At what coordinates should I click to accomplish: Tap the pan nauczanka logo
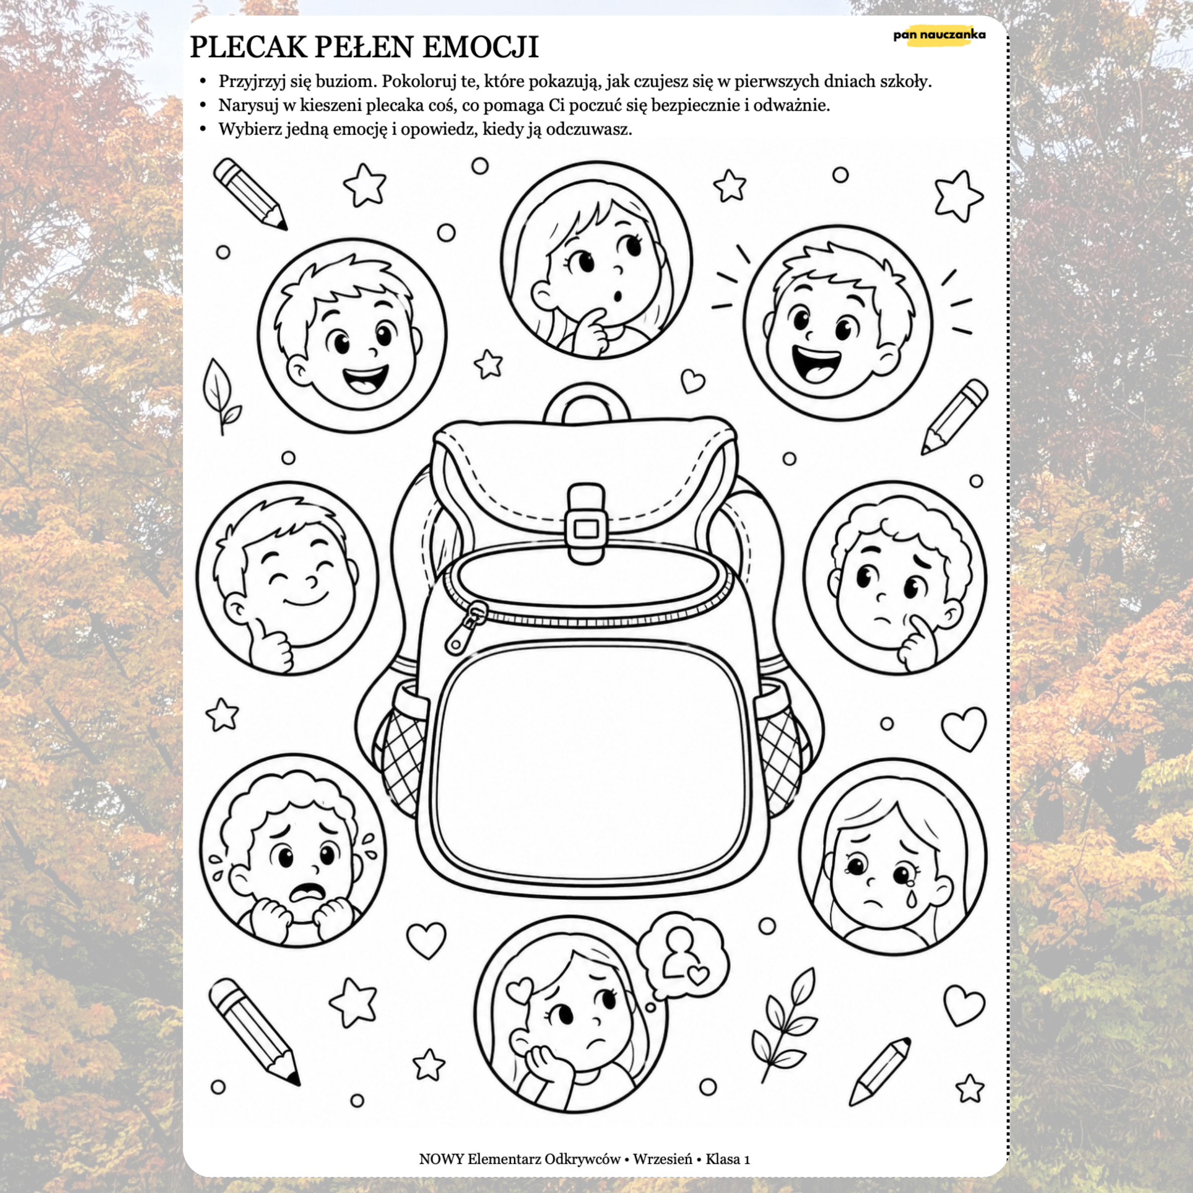point(939,35)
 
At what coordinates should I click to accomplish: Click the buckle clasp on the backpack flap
point(585,524)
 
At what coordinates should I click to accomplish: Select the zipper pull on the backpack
point(466,626)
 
